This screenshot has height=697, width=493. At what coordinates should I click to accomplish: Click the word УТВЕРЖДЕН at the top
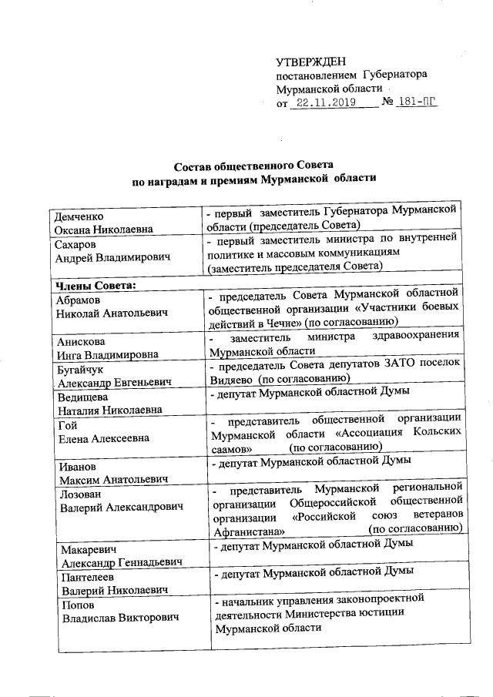pos(311,62)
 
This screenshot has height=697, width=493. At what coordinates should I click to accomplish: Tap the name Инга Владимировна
pos(106,355)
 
